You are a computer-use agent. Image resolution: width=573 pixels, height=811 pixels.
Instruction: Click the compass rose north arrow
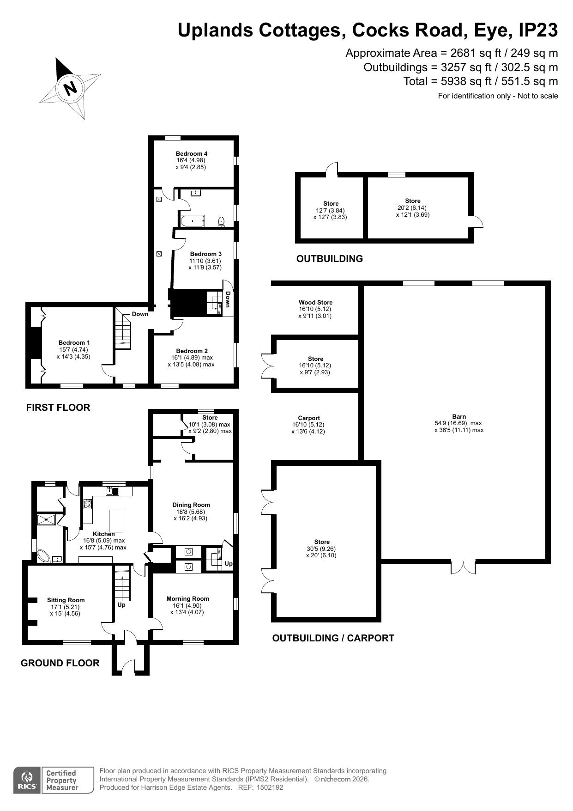(x=70, y=88)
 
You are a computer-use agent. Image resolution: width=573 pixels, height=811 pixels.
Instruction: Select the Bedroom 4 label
(x=192, y=154)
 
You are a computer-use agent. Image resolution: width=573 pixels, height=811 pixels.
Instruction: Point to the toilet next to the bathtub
(x=221, y=222)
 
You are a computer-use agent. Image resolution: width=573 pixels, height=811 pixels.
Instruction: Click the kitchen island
(x=116, y=521)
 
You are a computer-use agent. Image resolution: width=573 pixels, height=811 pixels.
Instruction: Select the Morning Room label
(x=188, y=599)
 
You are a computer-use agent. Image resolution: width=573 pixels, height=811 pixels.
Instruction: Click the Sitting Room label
(x=66, y=600)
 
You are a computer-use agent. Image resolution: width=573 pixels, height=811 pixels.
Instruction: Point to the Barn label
(x=459, y=416)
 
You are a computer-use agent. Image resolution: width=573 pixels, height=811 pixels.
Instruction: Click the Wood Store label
(x=316, y=303)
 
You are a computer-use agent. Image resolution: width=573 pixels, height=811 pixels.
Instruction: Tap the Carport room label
(x=309, y=418)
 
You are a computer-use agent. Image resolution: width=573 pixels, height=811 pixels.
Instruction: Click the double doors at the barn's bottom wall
(x=463, y=567)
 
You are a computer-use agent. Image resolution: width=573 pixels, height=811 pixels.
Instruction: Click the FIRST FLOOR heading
(x=58, y=408)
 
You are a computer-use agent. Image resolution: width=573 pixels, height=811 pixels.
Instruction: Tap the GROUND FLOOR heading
(x=60, y=663)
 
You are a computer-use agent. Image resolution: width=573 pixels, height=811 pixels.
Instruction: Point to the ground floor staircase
(x=123, y=583)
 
